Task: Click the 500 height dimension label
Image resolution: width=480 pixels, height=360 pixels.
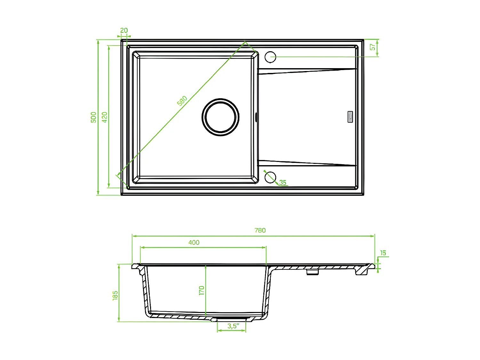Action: pyautogui.click(x=93, y=117)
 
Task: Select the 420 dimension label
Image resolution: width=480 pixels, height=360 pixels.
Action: pyautogui.click(x=105, y=117)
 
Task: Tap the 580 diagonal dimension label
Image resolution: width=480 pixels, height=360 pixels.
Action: pyautogui.click(x=182, y=101)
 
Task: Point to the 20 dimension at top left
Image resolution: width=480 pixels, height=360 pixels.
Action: pyautogui.click(x=124, y=30)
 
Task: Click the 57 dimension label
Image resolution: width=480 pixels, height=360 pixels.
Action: pyautogui.click(x=372, y=47)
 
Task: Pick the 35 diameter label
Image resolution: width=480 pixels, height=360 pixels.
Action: pyautogui.click(x=283, y=182)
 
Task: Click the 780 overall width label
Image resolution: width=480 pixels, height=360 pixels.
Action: pyautogui.click(x=260, y=230)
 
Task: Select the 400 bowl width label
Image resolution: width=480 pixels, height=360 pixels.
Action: pyautogui.click(x=194, y=243)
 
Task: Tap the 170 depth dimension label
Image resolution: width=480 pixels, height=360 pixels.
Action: pyautogui.click(x=201, y=290)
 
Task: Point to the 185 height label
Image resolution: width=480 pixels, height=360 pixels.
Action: pyautogui.click(x=115, y=295)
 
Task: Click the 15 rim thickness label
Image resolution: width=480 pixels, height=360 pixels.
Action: pyautogui.click(x=383, y=253)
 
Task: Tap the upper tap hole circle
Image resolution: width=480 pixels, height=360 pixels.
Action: pyautogui.click(x=270, y=57)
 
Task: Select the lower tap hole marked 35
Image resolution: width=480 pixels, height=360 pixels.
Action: pyautogui.click(x=270, y=177)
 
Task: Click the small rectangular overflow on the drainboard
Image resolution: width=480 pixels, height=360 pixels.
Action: pyautogui.click(x=350, y=116)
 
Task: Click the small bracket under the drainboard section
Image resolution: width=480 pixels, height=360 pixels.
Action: pyautogui.click(x=313, y=272)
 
